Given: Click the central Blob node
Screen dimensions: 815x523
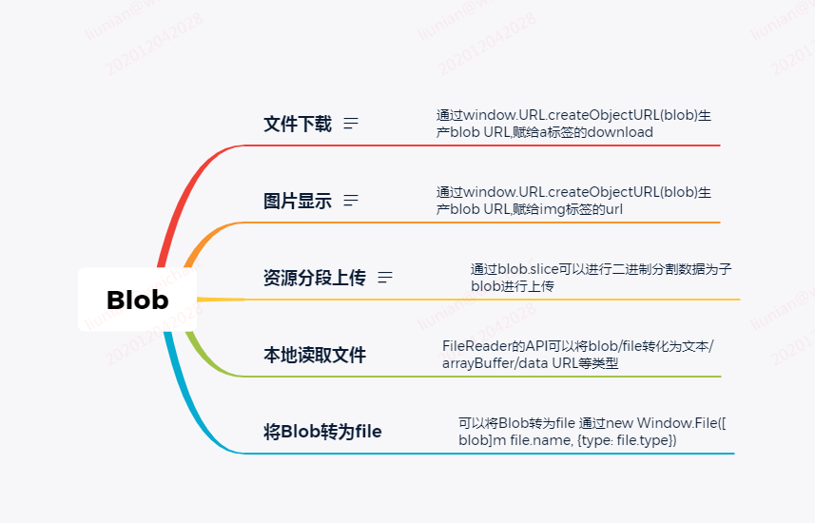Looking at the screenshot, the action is tap(137, 300).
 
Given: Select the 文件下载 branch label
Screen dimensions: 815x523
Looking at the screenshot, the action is tap(298, 124).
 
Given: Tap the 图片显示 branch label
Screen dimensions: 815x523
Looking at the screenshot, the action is tap(298, 201).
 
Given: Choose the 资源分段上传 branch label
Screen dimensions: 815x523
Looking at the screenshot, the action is tap(314, 278).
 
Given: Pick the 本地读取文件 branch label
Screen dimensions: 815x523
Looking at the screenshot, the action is tap(314, 355).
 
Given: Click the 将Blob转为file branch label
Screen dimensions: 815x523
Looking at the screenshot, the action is tap(322, 432).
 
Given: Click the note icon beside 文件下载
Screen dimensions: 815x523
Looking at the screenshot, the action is tap(351, 124).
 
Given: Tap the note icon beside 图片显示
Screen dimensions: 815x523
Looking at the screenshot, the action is tap(351, 201).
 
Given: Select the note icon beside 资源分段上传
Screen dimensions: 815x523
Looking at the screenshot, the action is tap(385, 278).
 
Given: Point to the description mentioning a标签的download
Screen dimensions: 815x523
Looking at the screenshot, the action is tap(573, 124).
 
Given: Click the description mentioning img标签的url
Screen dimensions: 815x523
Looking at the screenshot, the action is tap(573, 201).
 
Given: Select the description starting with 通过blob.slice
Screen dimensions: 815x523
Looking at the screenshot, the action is tap(601, 277).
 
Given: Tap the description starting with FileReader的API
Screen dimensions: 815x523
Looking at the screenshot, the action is tap(578, 354).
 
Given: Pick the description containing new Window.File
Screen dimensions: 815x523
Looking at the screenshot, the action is tap(592, 431).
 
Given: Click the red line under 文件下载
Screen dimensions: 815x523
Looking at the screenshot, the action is tap(475, 145).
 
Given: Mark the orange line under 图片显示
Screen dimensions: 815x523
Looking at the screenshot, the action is tap(475, 223).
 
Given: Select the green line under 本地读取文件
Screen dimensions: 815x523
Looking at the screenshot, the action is tap(475, 377).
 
